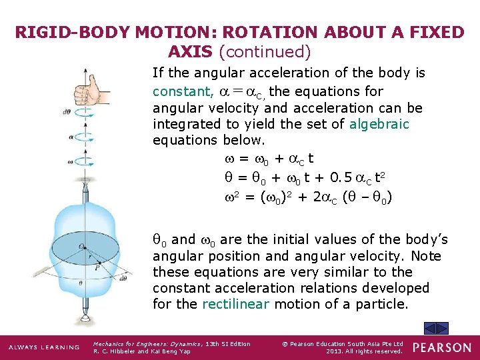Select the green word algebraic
pyautogui.click(x=378, y=124)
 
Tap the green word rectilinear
pyautogui.click(x=235, y=304)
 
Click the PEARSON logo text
pyautogui.click(x=441, y=347)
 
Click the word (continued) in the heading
pyautogui.click(x=265, y=51)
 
